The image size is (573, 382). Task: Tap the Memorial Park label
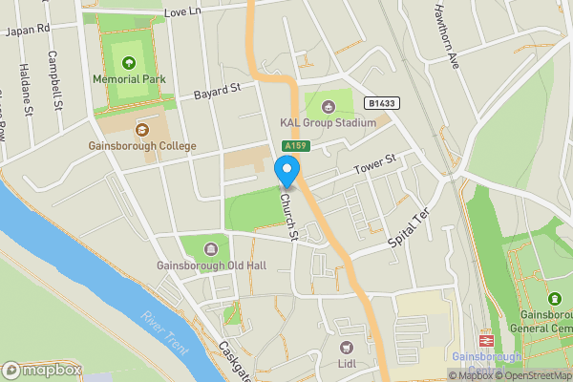[129, 78]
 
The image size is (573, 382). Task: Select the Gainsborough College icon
[141, 129]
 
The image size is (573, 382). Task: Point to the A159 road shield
[293, 145]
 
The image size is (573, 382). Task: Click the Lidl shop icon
[346, 346]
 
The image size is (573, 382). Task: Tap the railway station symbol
[485, 339]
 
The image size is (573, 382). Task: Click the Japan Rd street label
[27, 30]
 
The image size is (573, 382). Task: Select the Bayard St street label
[216, 92]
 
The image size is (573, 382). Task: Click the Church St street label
[289, 218]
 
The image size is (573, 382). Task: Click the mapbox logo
[43, 370]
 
